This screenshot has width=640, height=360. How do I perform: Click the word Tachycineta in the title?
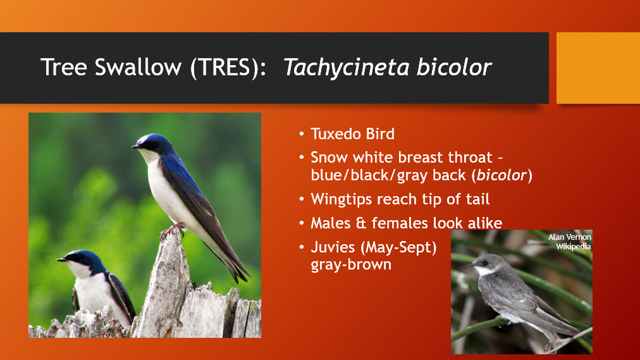point(346,68)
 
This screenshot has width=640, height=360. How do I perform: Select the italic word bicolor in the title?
point(454,67)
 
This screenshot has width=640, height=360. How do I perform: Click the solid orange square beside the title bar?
point(598,68)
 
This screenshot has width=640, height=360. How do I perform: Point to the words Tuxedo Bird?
point(353,134)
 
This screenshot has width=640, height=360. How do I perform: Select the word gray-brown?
point(351,265)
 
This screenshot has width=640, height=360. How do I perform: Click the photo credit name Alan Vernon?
point(569,237)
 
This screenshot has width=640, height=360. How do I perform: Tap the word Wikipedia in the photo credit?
point(574,247)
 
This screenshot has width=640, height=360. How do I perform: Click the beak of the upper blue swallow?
point(135,146)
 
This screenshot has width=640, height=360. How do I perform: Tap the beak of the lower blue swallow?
point(61,259)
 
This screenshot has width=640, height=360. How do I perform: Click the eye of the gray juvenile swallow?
point(485,263)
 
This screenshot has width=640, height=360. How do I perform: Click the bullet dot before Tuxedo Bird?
point(302,134)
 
